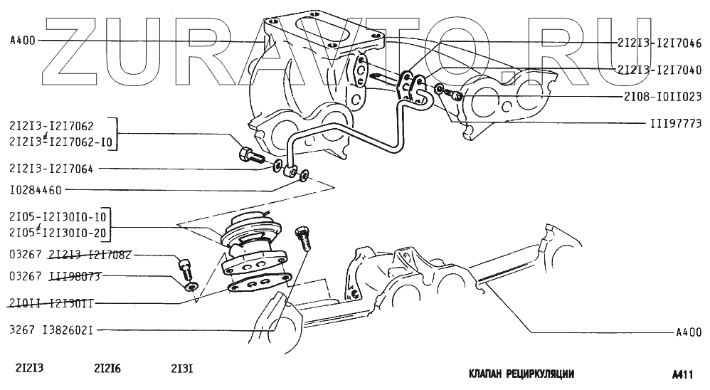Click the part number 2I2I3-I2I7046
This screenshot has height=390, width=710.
pyautogui.click(x=658, y=43)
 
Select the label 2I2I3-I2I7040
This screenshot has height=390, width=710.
pyautogui.click(x=658, y=70)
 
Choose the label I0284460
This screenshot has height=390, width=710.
pyautogui.click(x=36, y=190)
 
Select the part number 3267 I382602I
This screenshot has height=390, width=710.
pyautogui.click(x=51, y=330)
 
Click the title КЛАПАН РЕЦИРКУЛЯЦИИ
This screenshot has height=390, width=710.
pyautogui.click(x=521, y=374)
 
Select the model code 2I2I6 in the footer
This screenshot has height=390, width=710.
pyautogui.click(x=107, y=369)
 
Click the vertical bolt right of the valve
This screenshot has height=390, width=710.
pyautogui.click(x=304, y=234)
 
